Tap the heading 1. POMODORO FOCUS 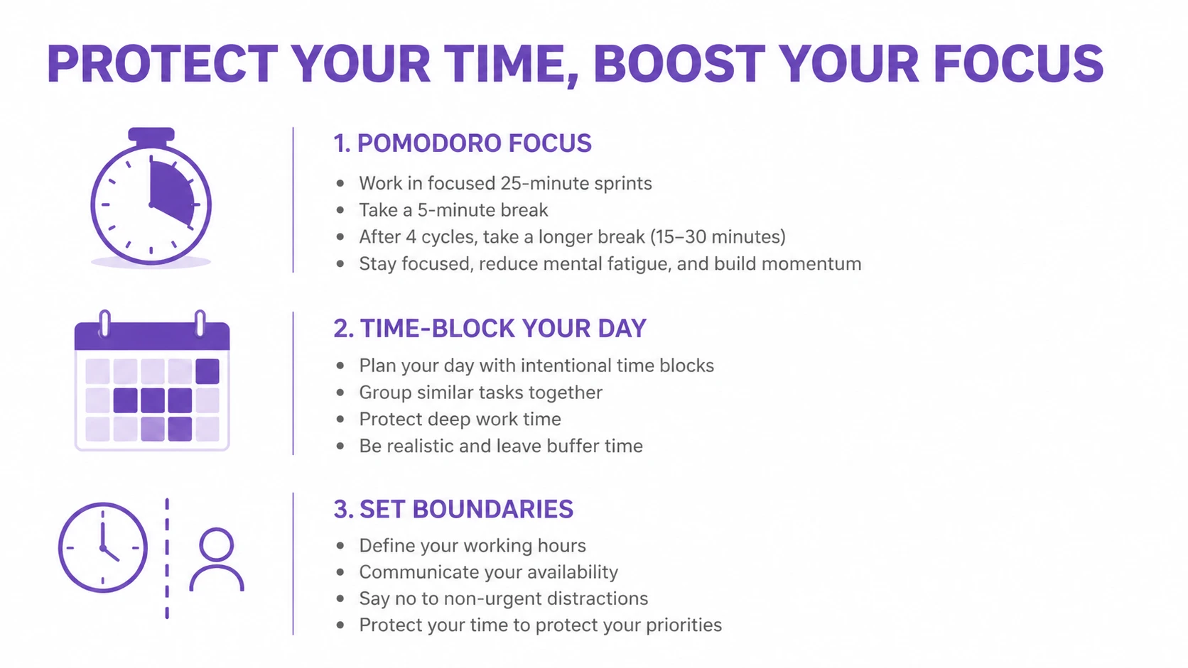(463, 143)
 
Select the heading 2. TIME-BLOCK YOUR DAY (490, 329)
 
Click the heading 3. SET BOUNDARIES (453, 509)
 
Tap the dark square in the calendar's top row (207, 371)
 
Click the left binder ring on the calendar (105, 323)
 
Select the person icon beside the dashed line (217, 559)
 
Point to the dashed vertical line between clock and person (167, 559)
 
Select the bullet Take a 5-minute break (453, 210)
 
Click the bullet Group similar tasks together (480, 393)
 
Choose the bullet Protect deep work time (460, 420)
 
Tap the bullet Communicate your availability (488, 572)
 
